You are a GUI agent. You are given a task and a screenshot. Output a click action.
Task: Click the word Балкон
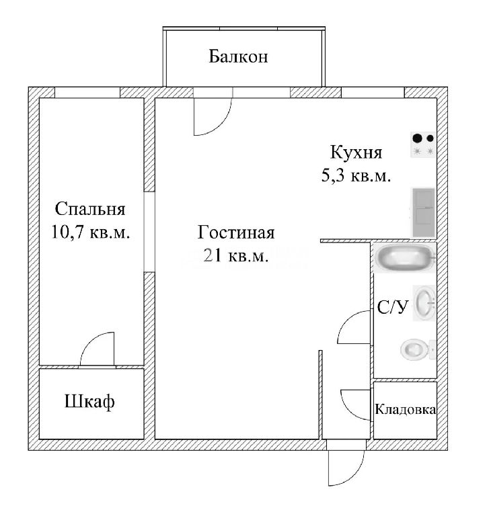click(x=238, y=56)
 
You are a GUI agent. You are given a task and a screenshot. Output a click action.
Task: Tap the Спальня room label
click(x=90, y=209)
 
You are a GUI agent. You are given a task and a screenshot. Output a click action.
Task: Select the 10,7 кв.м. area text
click(x=90, y=232)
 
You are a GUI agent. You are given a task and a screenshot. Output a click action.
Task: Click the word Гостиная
click(x=236, y=232)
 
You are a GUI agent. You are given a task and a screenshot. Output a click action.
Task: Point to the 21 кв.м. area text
click(x=236, y=255)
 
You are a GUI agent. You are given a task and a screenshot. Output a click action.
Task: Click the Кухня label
click(x=357, y=153)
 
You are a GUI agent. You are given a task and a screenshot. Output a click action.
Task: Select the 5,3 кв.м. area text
click(x=357, y=175)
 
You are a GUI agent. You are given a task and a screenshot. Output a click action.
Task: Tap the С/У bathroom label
click(x=393, y=307)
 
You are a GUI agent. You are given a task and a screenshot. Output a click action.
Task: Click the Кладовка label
click(x=406, y=409)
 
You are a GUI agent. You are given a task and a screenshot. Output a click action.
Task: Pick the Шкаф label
click(x=89, y=402)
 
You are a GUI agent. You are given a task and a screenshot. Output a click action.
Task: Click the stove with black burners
click(x=423, y=145)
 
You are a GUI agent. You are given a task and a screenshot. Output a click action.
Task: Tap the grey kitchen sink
click(x=424, y=213)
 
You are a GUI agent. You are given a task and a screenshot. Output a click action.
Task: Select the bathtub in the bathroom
click(x=405, y=258)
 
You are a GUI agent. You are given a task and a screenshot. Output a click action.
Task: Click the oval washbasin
click(x=424, y=303)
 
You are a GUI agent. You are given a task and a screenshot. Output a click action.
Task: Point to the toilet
click(x=418, y=349)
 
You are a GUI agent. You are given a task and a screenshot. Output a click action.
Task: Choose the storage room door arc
click(x=346, y=410)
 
